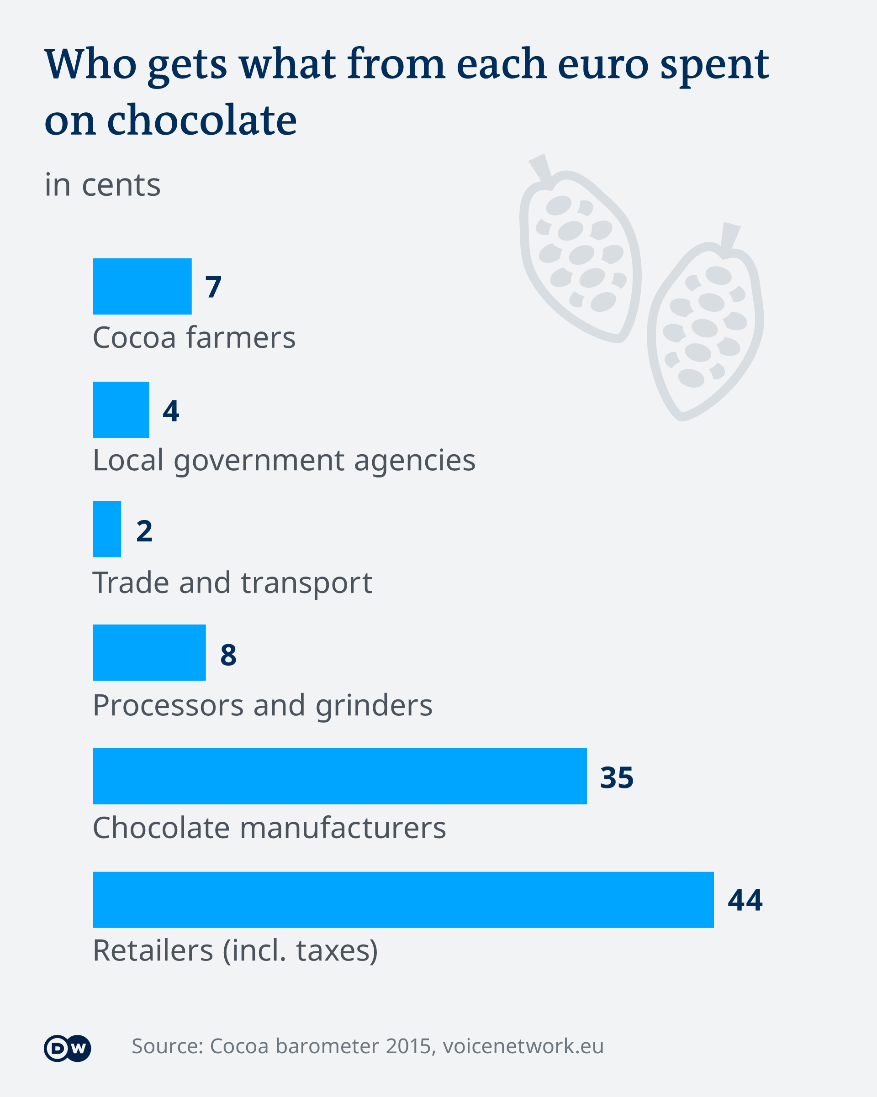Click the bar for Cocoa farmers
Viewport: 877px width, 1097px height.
pyautogui.click(x=142, y=286)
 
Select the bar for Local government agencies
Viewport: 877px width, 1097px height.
pyautogui.click(x=121, y=409)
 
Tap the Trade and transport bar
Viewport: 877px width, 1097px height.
pyautogui.click(x=107, y=529)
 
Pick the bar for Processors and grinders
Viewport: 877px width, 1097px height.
pyautogui.click(x=149, y=652)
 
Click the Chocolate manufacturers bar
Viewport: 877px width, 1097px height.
pyautogui.click(x=339, y=776)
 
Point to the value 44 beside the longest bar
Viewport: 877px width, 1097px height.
pyautogui.click(x=745, y=900)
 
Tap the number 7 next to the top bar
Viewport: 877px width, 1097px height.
pyautogui.click(x=213, y=287)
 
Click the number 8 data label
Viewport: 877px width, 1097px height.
pyautogui.click(x=228, y=654)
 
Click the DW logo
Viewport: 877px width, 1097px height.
pyautogui.click(x=67, y=1048)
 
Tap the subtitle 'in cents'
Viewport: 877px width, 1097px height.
pyautogui.click(x=102, y=185)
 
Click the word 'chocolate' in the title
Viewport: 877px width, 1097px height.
pyautogui.click(x=201, y=120)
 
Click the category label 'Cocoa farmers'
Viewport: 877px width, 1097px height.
pyautogui.click(x=194, y=337)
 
